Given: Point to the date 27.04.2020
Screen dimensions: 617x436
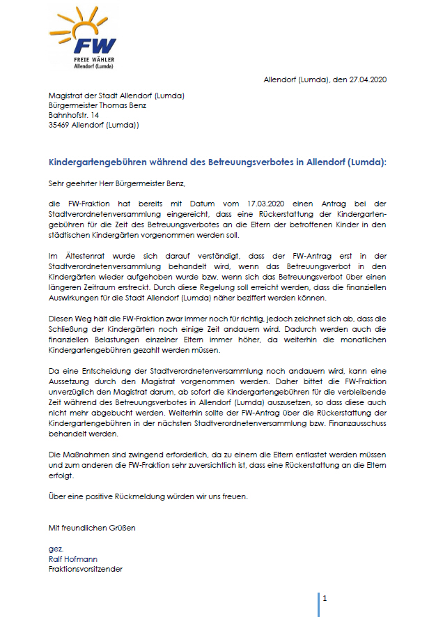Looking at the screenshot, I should [365, 81].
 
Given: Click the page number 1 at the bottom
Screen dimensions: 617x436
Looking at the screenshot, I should [325, 597].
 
